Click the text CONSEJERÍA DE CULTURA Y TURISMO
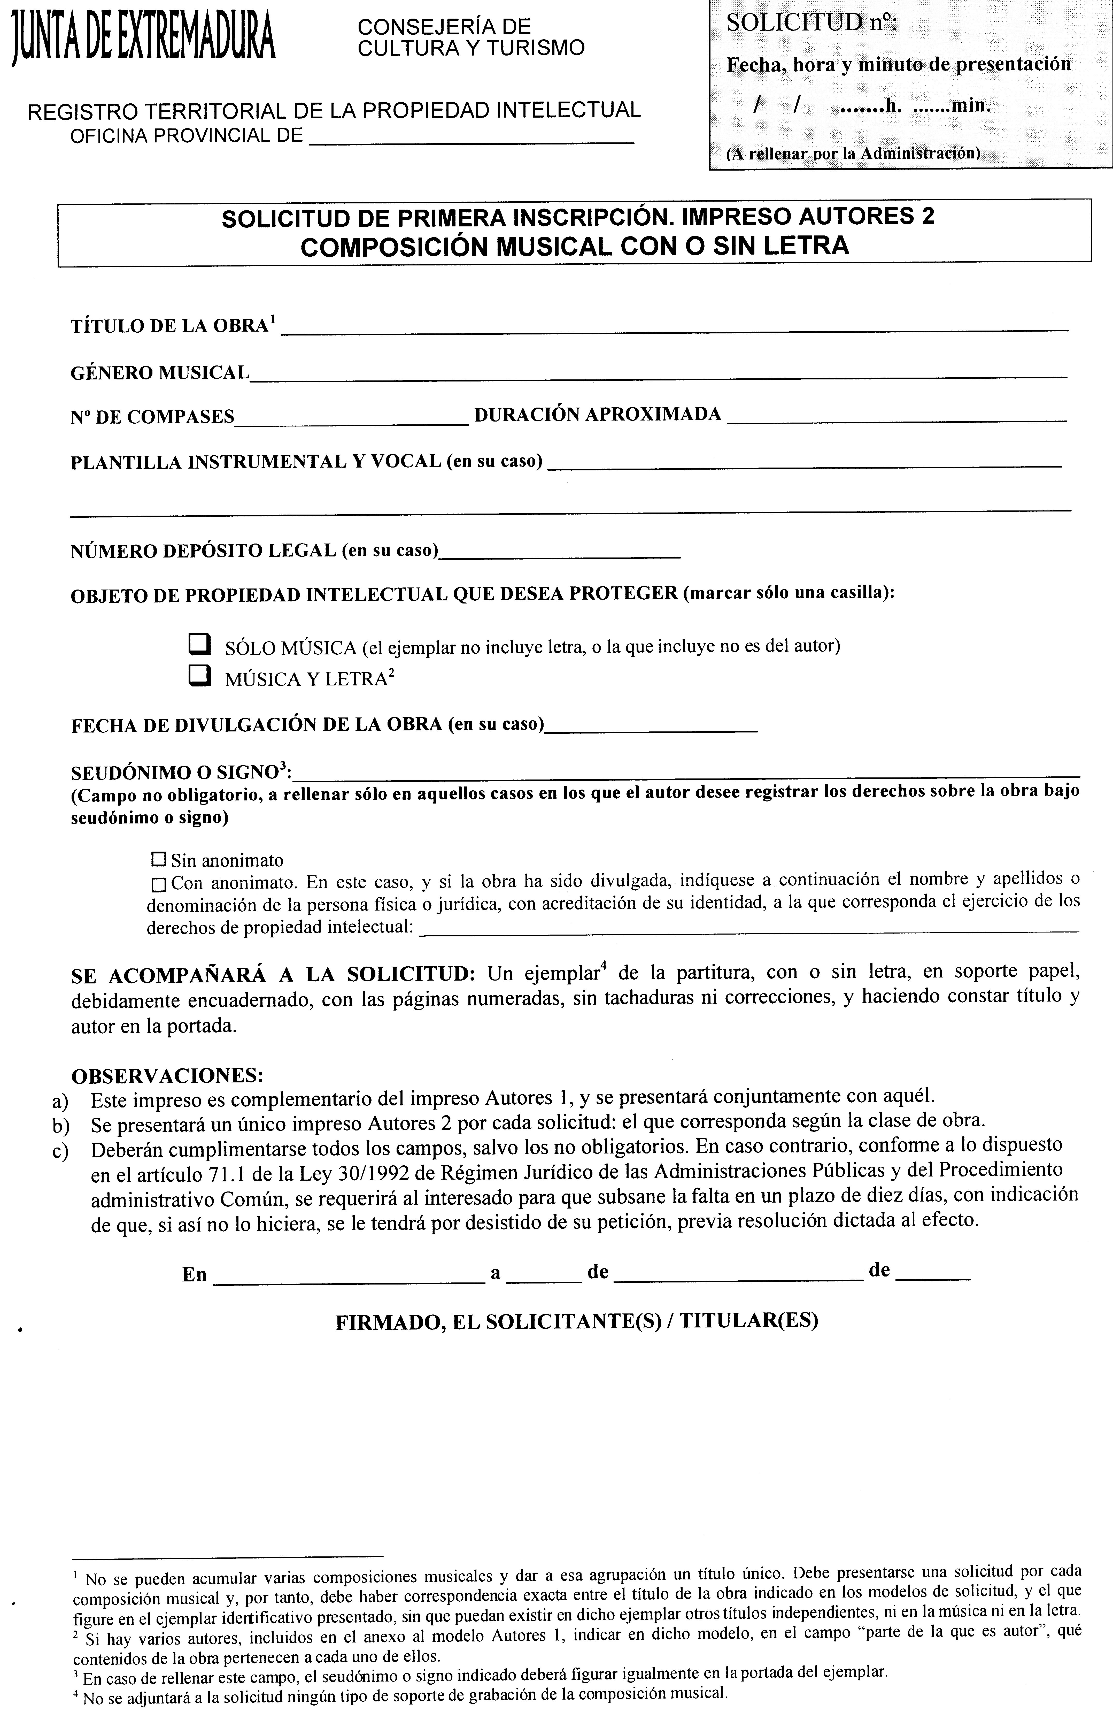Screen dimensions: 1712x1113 (x=471, y=37)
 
